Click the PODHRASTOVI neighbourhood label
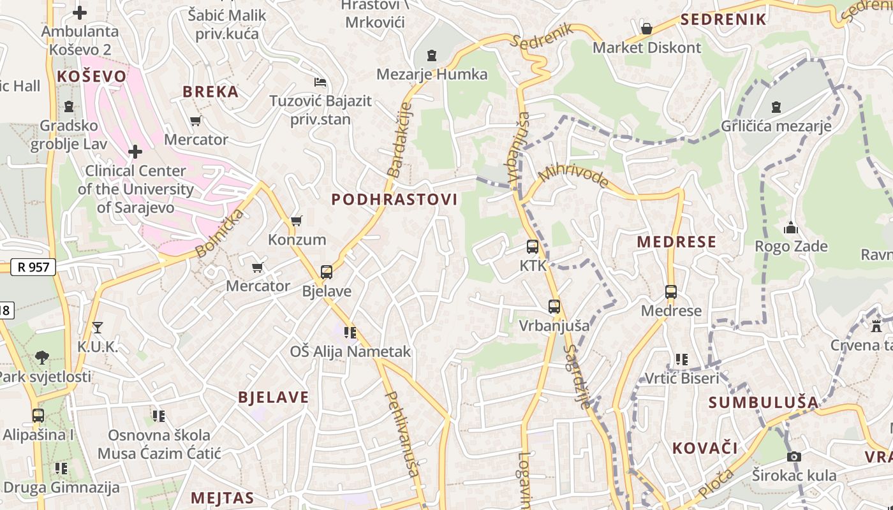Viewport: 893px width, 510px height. coord(394,200)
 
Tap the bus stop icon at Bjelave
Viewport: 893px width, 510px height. coord(327,272)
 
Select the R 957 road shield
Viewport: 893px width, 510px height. coord(33,267)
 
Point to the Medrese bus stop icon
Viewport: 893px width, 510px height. coord(671,292)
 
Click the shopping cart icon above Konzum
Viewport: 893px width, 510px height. coord(296,221)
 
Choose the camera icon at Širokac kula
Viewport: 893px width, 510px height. coord(793,456)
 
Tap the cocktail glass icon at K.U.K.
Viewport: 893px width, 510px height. coord(97,328)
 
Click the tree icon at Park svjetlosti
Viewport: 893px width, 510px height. coord(42,357)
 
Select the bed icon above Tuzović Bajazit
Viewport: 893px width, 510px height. coord(320,82)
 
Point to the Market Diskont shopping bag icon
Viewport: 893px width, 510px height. coord(647,29)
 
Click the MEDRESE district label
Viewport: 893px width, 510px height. coord(676,242)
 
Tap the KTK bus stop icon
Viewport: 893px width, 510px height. coord(533,247)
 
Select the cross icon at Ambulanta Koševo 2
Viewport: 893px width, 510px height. coord(80,12)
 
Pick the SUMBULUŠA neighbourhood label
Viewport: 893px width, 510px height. coord(763,402)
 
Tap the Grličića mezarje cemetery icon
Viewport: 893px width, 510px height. coord(776,107)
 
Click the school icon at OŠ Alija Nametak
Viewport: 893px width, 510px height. coord(350,333)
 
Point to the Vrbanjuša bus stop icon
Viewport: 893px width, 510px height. coord(554,307)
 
